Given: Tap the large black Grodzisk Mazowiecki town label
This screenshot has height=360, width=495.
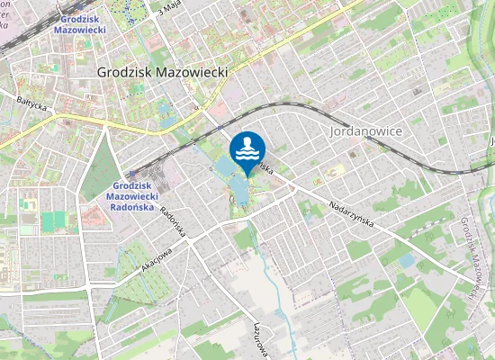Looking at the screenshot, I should tap(162, 72).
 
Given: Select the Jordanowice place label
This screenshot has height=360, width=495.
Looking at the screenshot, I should tap(364, 130).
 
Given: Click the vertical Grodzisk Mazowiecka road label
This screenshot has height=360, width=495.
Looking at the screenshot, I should tap(468, 256).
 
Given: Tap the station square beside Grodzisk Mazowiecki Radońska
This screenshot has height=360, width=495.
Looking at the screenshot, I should tap(132, 174).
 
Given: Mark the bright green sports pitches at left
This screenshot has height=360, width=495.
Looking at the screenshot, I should tap(54, 221).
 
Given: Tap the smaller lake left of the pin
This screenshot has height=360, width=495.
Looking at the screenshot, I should tap(222, 167).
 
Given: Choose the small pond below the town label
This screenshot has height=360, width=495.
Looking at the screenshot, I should tap(166, 113).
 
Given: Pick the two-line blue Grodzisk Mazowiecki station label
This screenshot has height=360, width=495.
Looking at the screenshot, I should tap(80, 23).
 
